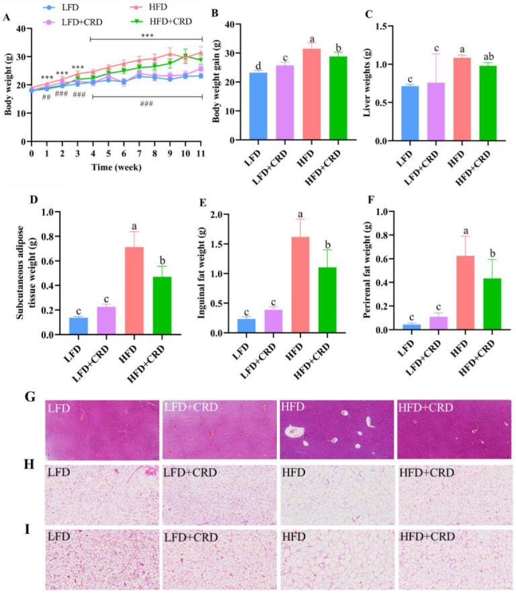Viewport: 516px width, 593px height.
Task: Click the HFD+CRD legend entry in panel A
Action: [x=171, y=21]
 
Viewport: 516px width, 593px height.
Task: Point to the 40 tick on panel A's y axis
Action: [x=20, y=28]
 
